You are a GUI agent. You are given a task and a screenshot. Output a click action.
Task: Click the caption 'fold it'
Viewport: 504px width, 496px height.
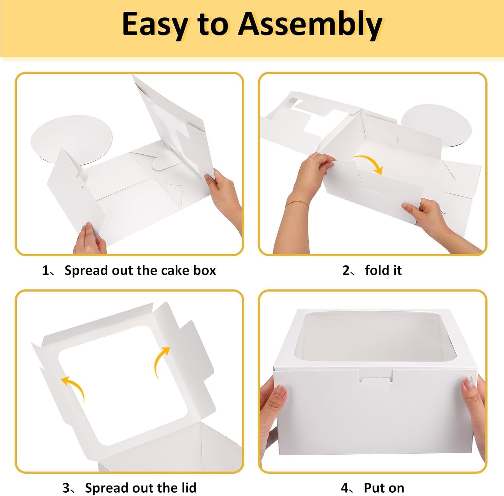click(x=383, y=270)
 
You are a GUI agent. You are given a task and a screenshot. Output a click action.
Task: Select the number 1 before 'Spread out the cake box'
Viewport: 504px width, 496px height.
click(x=45, y=270)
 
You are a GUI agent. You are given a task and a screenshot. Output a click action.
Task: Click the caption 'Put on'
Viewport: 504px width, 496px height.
click(x=384, y=488)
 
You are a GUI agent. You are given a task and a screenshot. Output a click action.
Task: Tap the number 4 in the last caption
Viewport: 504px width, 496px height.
click(x=345, y=488)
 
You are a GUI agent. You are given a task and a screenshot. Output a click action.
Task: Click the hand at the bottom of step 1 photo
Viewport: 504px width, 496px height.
click(x=89, y=239)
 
